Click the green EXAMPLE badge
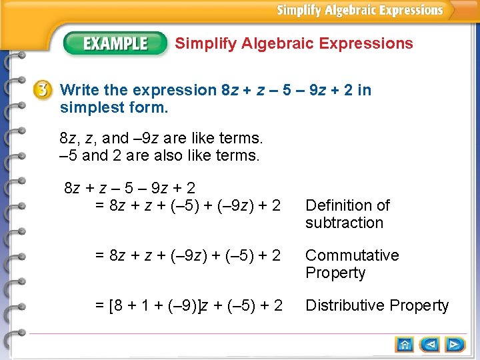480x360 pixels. click(x=115, y=44)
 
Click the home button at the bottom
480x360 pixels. click(x=405, y=345)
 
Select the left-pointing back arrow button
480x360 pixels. click(x=431, y=345)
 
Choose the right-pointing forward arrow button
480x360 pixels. click(x=456, y=345)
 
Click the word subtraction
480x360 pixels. click(x=344, y=223)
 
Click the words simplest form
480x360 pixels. click(x=114, y=107)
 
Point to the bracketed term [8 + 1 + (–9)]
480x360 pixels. click(x=156, y=305)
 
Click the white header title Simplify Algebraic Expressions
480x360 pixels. click(x=360, y=10)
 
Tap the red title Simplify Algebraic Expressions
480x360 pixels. click(x=294, y=44)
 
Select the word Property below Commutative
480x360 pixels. click(x=335, y=273)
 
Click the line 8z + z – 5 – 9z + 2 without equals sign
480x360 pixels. click(x=129, y=189)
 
